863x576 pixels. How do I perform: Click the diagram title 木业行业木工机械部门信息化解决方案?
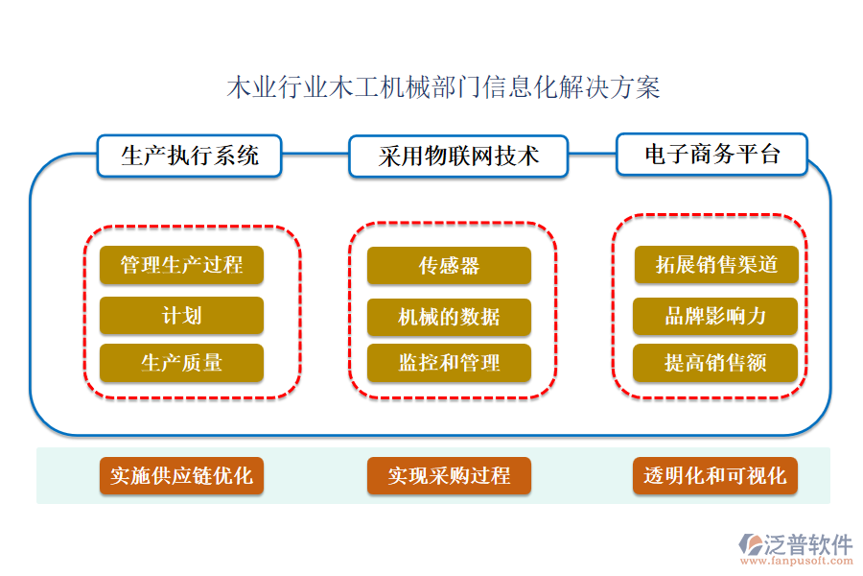[443, 89]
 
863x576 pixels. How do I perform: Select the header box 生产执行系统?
[190, 156]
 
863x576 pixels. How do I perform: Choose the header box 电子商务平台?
[712, 155]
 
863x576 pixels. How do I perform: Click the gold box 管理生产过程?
[181, 266]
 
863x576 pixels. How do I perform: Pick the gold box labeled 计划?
[181, 316]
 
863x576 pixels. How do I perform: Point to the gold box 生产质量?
[181, 363]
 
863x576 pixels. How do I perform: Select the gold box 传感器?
[449, 266]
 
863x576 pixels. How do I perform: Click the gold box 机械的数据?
[449, 316]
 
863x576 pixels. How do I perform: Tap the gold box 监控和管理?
[449, 363]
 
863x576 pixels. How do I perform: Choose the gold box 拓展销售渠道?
[715, 266]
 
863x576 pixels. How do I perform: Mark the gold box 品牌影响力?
[715, 316]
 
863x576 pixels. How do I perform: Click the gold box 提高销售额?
[715, 363]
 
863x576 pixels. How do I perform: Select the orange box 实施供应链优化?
[181, 475]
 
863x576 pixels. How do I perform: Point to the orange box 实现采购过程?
[449, 475]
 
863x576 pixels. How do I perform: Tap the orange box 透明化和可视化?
[715, 475]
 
